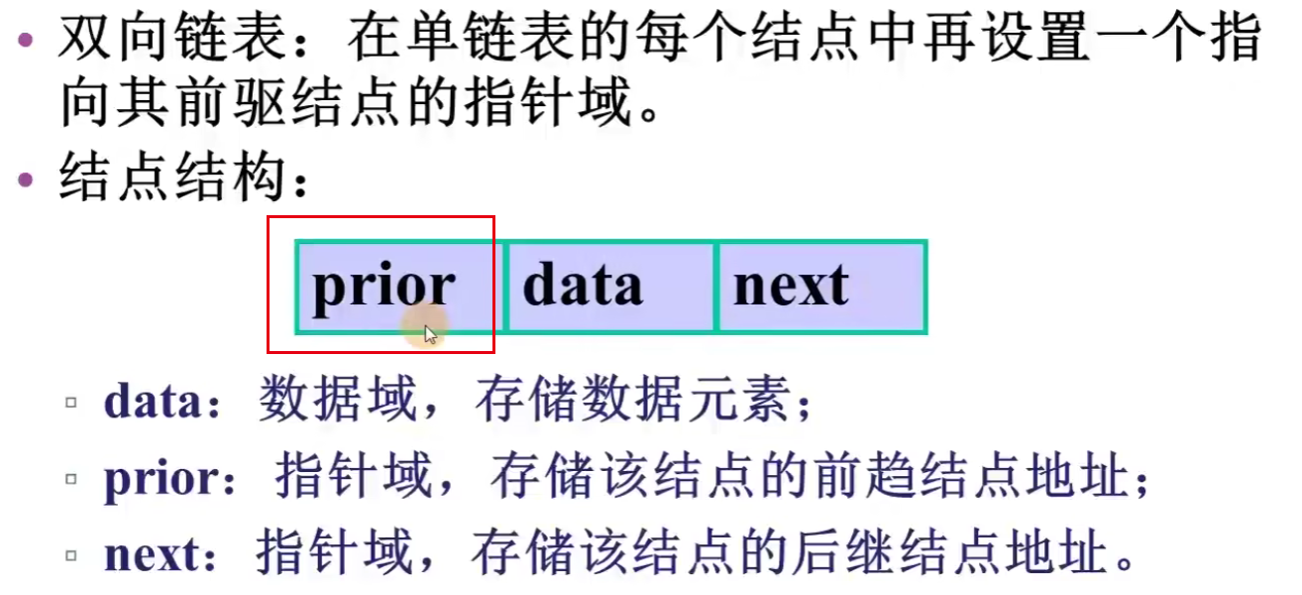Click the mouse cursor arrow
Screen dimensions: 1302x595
click(430, 335)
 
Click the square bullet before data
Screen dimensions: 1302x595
click(70, 405)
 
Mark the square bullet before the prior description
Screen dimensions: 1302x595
click(70, 480)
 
